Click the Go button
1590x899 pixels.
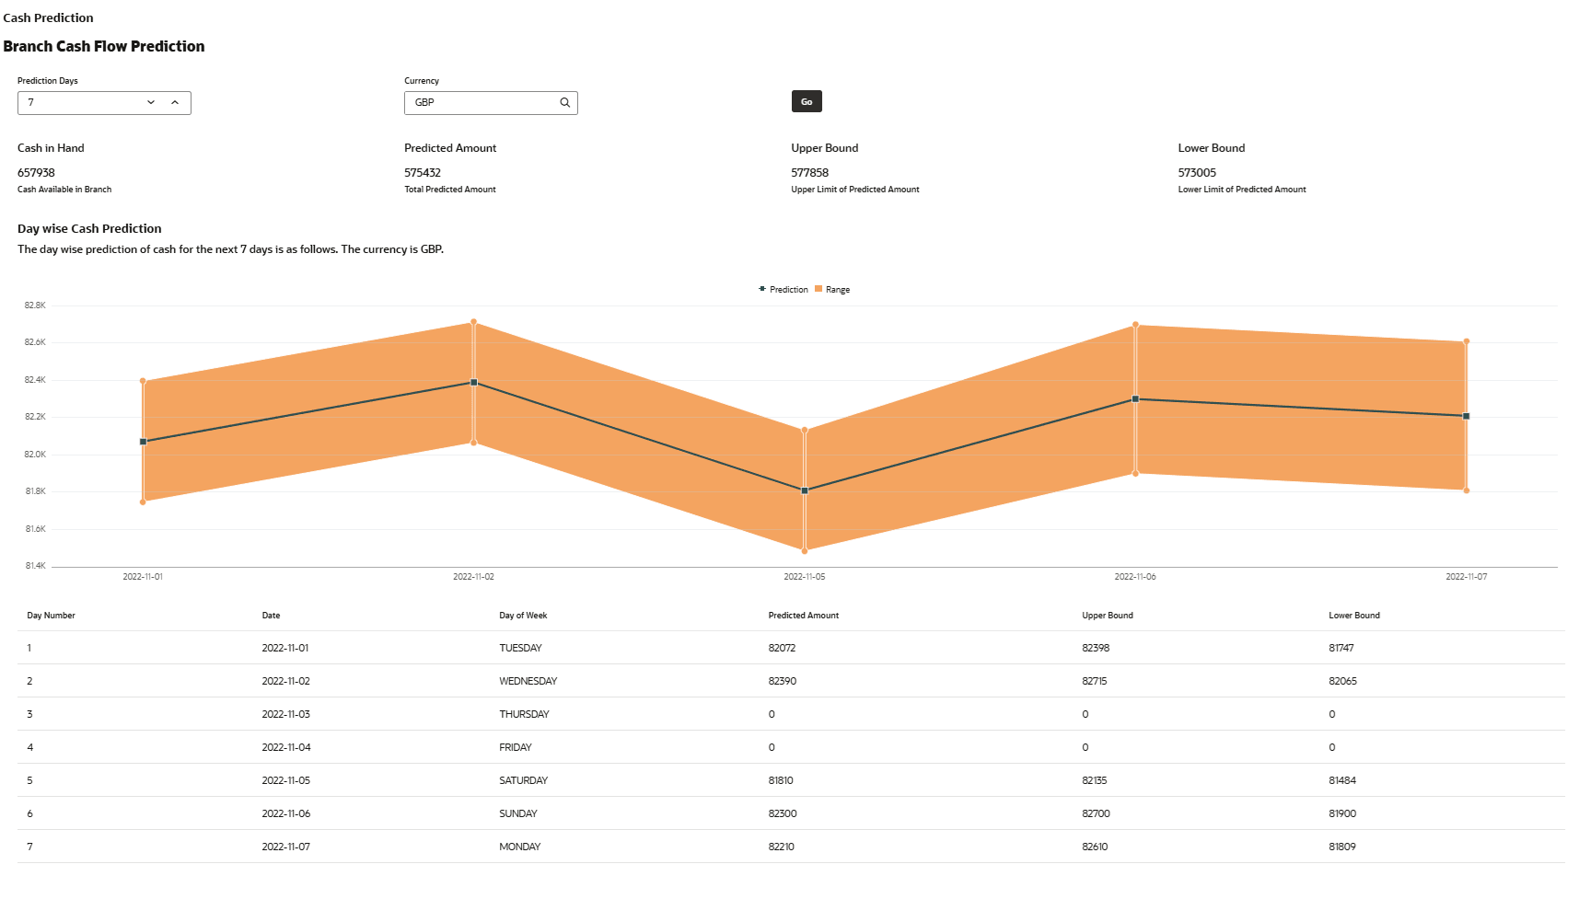[807, 102]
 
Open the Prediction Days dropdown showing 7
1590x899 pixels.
[151, 103]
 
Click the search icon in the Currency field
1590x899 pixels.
[565, 103]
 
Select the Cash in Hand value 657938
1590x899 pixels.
[36, 173]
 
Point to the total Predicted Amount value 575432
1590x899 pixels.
[423, 173]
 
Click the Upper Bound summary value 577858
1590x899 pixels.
[809, 173]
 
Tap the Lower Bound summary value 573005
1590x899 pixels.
[1197, 173]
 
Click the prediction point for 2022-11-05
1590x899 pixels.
[805, 491]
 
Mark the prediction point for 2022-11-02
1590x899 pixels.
[474, 383]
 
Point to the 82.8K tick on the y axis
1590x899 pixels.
[35, 305]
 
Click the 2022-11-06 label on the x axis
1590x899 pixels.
[1135, 577]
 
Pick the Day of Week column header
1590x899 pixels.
[523, 616]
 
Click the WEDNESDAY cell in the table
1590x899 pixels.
[528, 682]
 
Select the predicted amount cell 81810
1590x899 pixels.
[781, 781]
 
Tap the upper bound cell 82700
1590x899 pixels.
[1096, 814]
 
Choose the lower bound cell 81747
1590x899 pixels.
[1341, 649]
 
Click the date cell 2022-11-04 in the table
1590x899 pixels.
[286, 748]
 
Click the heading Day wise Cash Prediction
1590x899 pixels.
[89, 229]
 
